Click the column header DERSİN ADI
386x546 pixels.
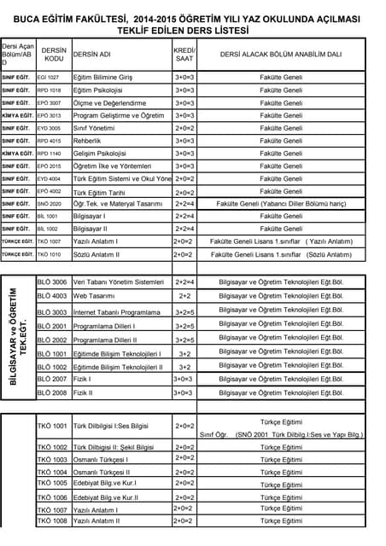(x=92, y=54)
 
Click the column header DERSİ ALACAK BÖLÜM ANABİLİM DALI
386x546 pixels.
(x=281, y=54)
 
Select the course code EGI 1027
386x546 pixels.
(x=49, y=78)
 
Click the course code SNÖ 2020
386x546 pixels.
(x=49, y=204)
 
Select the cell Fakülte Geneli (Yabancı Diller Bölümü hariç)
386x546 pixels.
(x=281, y=204)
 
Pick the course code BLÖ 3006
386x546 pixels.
(x=52, y=282)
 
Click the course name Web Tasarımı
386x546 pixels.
(x=94, y=295)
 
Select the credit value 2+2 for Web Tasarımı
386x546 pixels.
(x=184, y=295)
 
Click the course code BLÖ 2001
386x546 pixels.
(x=52, y=326)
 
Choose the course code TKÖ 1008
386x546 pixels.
(x=52, y=520)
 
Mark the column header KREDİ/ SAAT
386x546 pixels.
(x=184, y=54)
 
